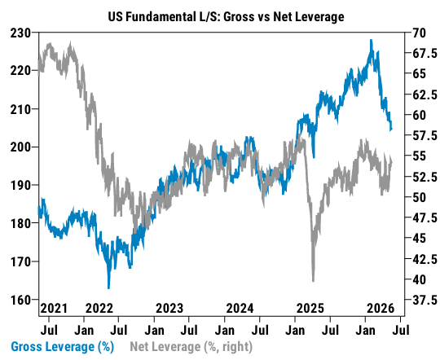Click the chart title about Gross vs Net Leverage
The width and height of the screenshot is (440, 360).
tap(227, 17)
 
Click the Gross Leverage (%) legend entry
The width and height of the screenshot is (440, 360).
tap(62, 346)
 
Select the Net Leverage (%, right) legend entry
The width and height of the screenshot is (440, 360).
tap(191, 346)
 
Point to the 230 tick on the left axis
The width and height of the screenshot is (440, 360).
tap(20, 33)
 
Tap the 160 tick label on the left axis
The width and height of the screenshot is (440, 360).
tap(20, 300)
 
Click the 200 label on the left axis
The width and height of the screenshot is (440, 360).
tap(20, 147)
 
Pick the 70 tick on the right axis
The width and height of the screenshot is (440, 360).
tap(419, 33)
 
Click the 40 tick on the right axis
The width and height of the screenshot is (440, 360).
tap(419, 279)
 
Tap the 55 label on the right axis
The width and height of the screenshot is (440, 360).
tap(419, 156)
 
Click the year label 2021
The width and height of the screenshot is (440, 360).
tap(54, 309)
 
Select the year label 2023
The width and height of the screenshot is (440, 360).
tap(169, 309)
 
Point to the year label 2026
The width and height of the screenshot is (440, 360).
tap(381, 309)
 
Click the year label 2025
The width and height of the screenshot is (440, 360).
tap(310, 309)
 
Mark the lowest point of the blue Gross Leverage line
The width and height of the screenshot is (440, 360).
tap(109, 288)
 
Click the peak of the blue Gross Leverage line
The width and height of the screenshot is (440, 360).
tap(372, 40)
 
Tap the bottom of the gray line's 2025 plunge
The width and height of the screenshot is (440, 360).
tap(313, 281)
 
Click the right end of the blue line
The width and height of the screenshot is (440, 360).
tap(391, 130)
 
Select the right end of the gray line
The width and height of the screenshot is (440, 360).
tap(392, 162)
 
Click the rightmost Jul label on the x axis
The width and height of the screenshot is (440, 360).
tap(401, 330)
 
